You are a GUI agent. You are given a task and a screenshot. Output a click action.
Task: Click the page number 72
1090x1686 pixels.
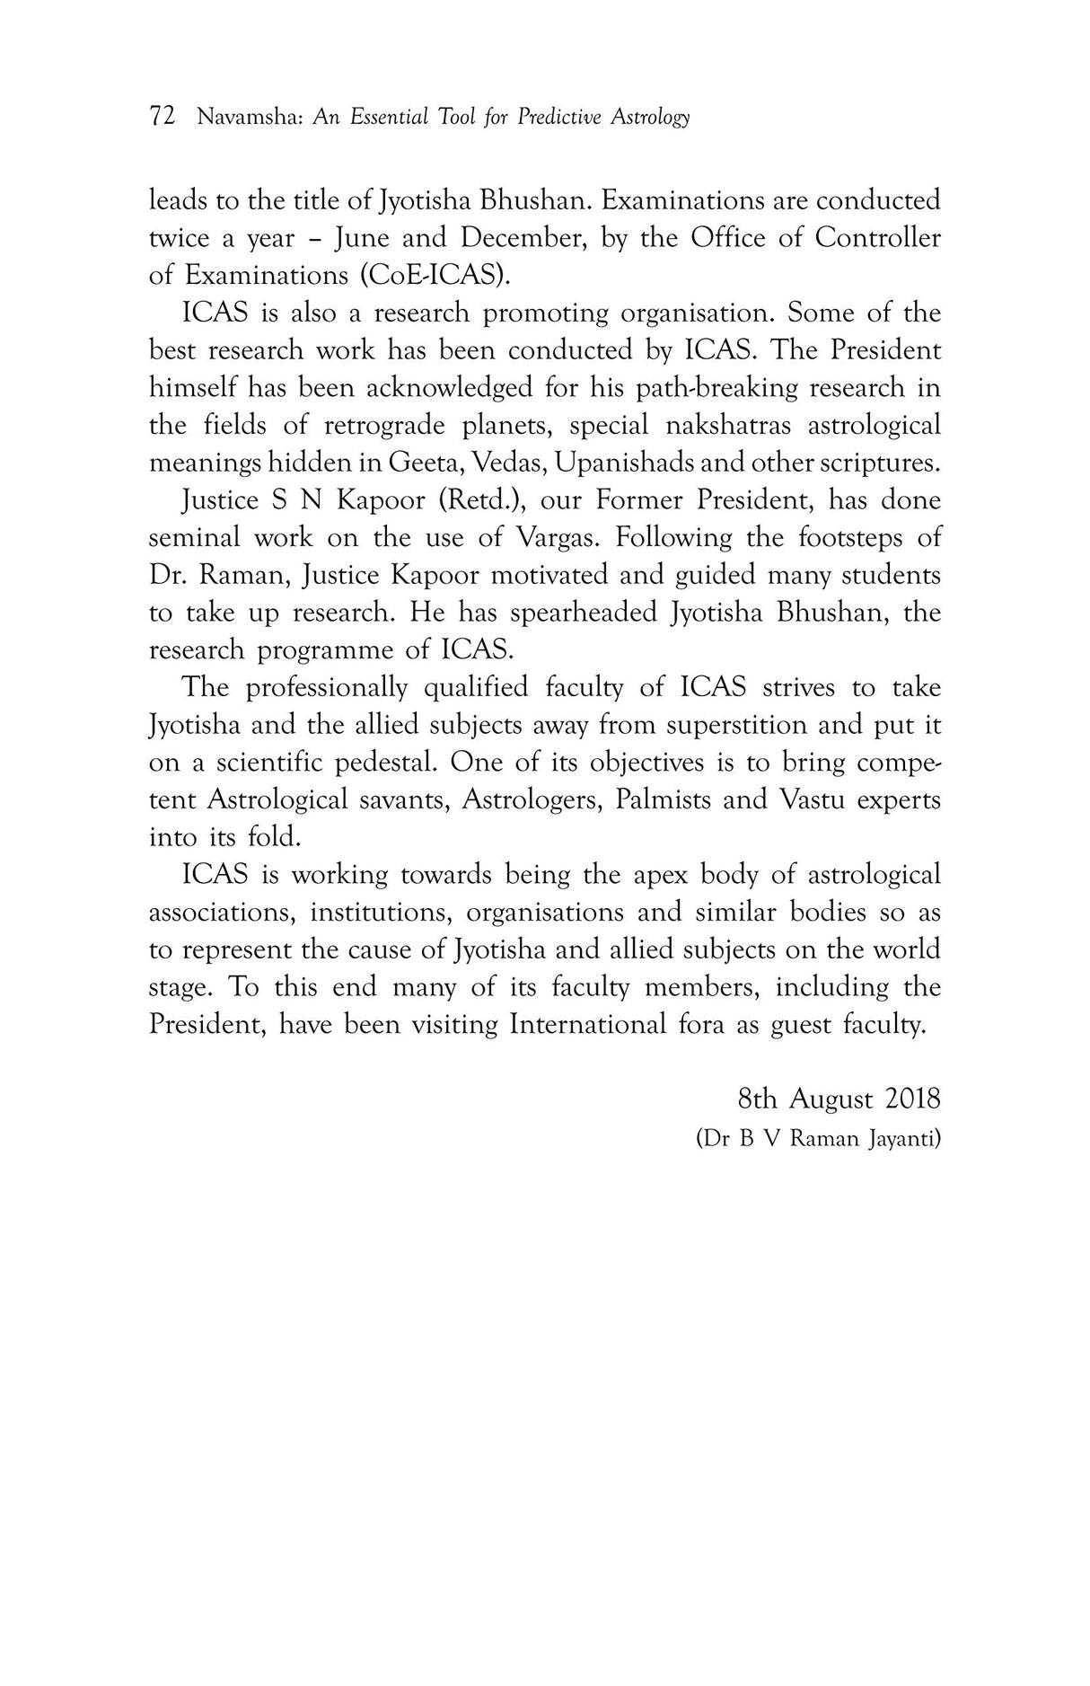pos(162,117)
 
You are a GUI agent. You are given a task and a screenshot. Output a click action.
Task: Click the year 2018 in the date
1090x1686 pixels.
pos(912,1099)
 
